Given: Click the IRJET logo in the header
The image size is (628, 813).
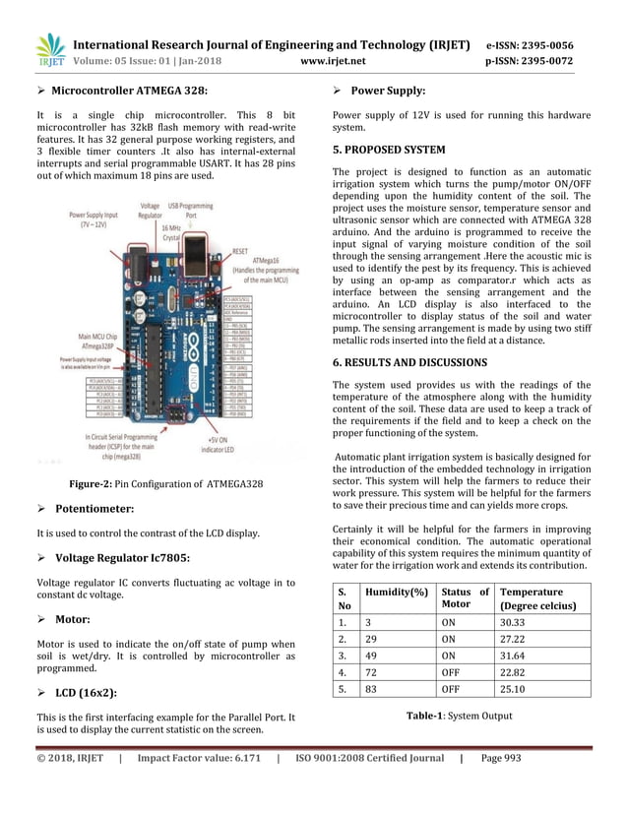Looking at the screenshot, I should tap(48, 51).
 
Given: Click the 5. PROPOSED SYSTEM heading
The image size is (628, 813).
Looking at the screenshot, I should tap(389, 151).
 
